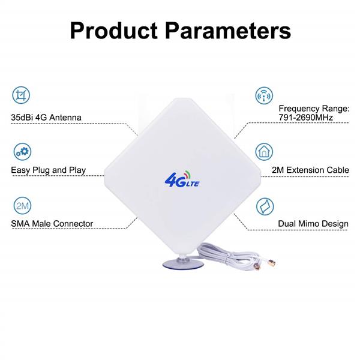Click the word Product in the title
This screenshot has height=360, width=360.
point(114,31)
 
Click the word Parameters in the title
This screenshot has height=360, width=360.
point(228,31)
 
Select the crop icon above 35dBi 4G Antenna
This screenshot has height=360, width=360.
point(21,95)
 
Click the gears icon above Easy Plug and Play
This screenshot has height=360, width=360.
point(22,152)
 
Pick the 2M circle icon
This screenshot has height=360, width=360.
point(22,205)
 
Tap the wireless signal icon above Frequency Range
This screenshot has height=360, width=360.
point(264,95)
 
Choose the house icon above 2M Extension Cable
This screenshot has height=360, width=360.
point(264,152)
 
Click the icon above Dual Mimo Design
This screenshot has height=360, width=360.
point(265,206)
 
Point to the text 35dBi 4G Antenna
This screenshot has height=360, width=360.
point(46,118)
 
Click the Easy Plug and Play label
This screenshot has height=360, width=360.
point(49,170)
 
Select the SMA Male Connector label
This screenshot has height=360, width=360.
point(52,224)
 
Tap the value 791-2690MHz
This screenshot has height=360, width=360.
point(306,118)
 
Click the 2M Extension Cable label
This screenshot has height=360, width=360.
point(310,170)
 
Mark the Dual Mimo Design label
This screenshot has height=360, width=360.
point(313,224)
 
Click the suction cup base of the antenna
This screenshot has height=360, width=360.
point(183,264)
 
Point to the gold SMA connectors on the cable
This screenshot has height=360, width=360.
point(265,265)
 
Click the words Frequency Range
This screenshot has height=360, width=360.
point(314,109)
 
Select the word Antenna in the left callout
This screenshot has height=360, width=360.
point(65,118)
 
